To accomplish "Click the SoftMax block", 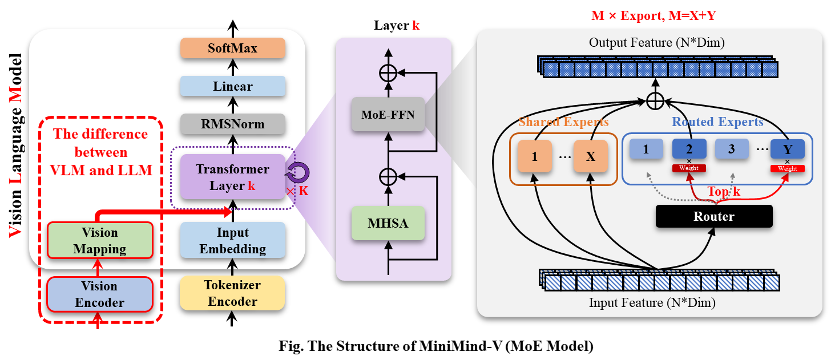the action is (233, 48).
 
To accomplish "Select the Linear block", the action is (233, 86).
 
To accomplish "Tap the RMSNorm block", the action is (233, 124).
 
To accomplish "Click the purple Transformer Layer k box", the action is (233, 177).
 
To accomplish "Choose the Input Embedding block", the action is (233, 240).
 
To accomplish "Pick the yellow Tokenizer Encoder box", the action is (232, 293).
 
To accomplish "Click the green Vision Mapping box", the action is (100, 240).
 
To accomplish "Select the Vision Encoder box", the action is (99, 294).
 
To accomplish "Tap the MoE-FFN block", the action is (388, 114).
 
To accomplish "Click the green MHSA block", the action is (388, 223).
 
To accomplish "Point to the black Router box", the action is (714, 216).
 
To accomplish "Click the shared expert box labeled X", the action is (591, 156).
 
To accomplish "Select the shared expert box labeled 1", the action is (535, 156).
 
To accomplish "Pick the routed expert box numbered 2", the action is (689, 149).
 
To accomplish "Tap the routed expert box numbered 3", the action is (732, 149).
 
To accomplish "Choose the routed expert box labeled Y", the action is (788, 149).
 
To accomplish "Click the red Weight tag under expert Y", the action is (787, 168).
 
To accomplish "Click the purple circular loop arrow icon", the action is (297, 172).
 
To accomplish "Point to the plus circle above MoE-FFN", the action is (388, 73).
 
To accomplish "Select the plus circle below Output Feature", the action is (655, 100).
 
